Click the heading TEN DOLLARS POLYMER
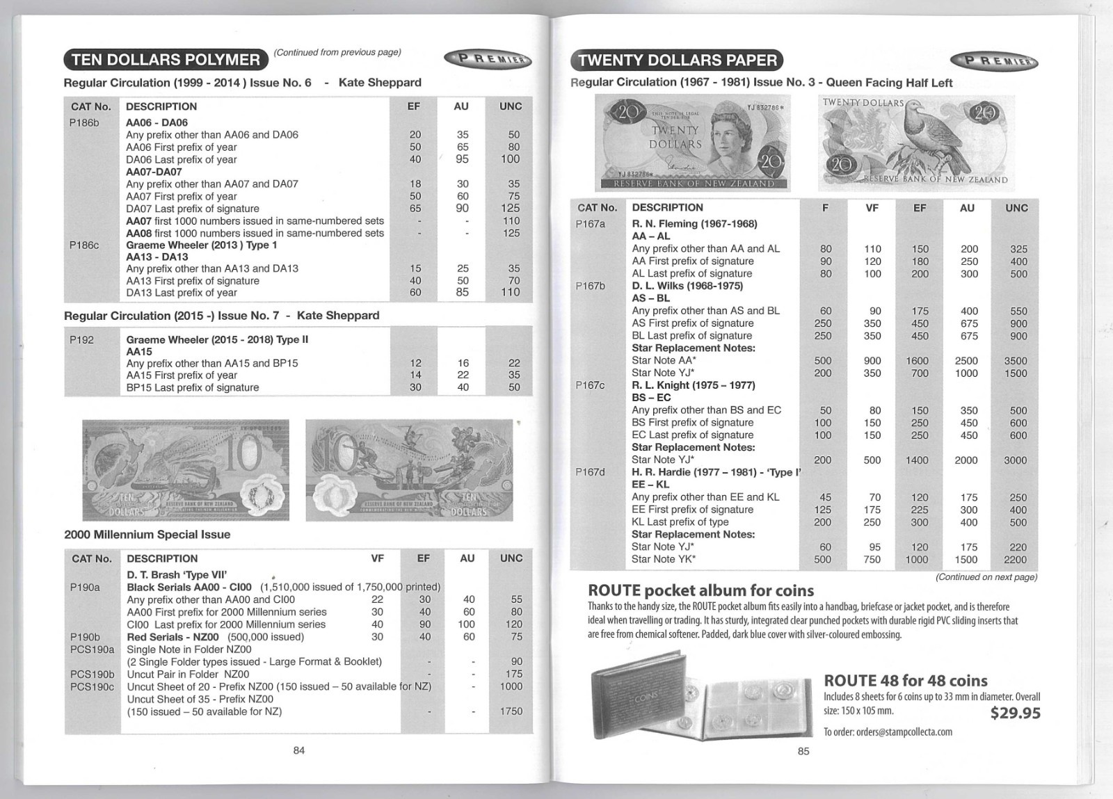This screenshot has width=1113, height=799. click(x=166, y=60)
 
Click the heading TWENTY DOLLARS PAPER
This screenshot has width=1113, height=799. click(x=677, y=60)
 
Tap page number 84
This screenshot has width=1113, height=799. click(x=299, y=750)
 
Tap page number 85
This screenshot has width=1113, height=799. click(x=803, y=751)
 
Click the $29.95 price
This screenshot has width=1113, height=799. click(x=1015, y=713)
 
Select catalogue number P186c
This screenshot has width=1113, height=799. click(x=84, y=245)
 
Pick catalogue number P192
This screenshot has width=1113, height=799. click(x=81, y=339)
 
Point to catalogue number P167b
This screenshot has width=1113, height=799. click(x=590, y=286)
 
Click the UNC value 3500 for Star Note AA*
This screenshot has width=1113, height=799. click(x=1015, y=361)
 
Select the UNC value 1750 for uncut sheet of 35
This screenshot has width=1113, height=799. click(x=511, y=711)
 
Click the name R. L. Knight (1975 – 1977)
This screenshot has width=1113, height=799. click(x=693, y=385)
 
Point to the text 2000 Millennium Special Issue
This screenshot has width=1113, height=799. click(x=147, y=535)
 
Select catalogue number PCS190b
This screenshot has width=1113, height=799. click(x=92, y=675)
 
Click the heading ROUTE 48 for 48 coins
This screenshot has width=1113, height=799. click(x=905, y=681)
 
